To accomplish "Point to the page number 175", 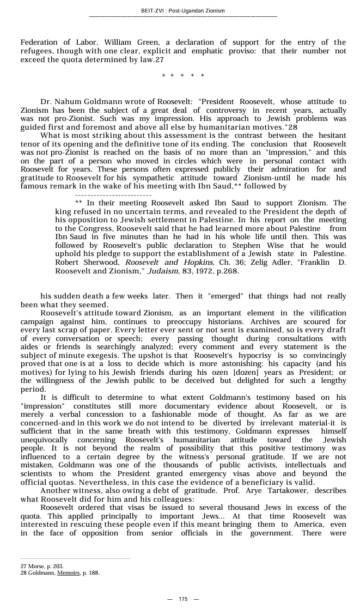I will [183, 599].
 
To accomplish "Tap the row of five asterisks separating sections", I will [183, 76].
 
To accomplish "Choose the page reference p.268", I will [228, 271].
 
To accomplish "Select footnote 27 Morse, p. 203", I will [42, 567].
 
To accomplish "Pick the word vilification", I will [318, 313].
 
